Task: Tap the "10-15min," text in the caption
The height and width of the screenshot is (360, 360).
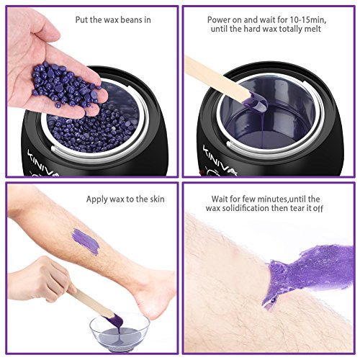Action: coord(308,19)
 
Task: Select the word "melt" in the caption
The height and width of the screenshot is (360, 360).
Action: coord(312,29)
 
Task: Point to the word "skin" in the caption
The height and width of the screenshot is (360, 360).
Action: coord(157,199)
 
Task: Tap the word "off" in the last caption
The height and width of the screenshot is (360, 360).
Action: coord(318,208)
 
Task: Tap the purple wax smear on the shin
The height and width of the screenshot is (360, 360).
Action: coord(86,242)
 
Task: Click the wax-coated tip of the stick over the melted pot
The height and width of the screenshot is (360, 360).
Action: coord(257,104)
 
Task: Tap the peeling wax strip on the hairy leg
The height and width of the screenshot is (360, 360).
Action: coord(307,272)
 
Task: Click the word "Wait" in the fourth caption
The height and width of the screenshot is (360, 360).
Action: coord(220,199)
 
